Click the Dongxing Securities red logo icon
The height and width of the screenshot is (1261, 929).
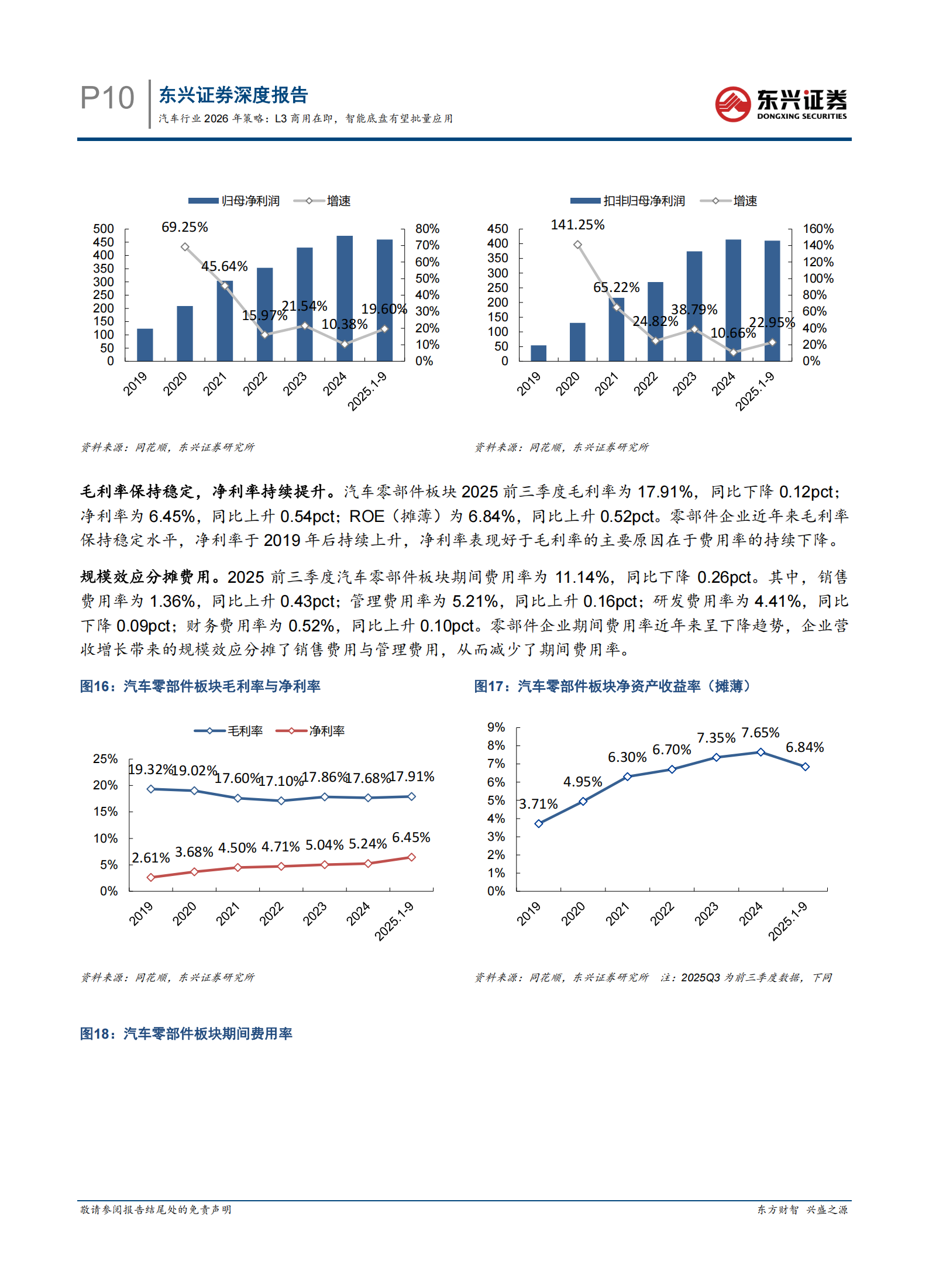click(x=732, y=104)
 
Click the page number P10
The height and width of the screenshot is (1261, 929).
click(x=107, y=98)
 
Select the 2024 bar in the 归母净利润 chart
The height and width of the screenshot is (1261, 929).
click(x=345, y=298)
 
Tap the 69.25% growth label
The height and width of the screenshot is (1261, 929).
click(x=184, y=227)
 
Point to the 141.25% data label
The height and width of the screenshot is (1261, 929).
click(x=577, y=225)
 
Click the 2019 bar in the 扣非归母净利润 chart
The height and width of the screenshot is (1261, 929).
click(x=538, y=353)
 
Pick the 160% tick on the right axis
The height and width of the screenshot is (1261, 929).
click(x=818, y=229)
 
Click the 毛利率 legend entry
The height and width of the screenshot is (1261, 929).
click(x=229, y=731)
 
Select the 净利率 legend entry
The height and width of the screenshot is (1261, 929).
click(x=311, y=731)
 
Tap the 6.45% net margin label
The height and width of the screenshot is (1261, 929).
click(x=411, y=837)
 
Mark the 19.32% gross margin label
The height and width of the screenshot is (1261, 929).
click(x=150, y=769)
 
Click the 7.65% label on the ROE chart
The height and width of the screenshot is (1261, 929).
click(x=760, y=733)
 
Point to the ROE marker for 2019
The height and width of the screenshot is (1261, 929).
click(x=538, y=823)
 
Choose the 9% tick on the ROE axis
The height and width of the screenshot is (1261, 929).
click(x=496, y=727)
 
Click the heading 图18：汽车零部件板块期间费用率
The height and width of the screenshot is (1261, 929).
click(x=186, y=1034)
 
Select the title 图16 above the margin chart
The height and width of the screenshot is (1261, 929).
click(x=200, y=686)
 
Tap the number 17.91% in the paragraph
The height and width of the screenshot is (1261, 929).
click(x=665, y=492)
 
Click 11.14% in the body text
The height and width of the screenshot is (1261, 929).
click(x=582, y=577)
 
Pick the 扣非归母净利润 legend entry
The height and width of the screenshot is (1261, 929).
click(x=628, y=201)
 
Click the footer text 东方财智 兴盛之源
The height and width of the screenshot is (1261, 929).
click(x=802, y=1210)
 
